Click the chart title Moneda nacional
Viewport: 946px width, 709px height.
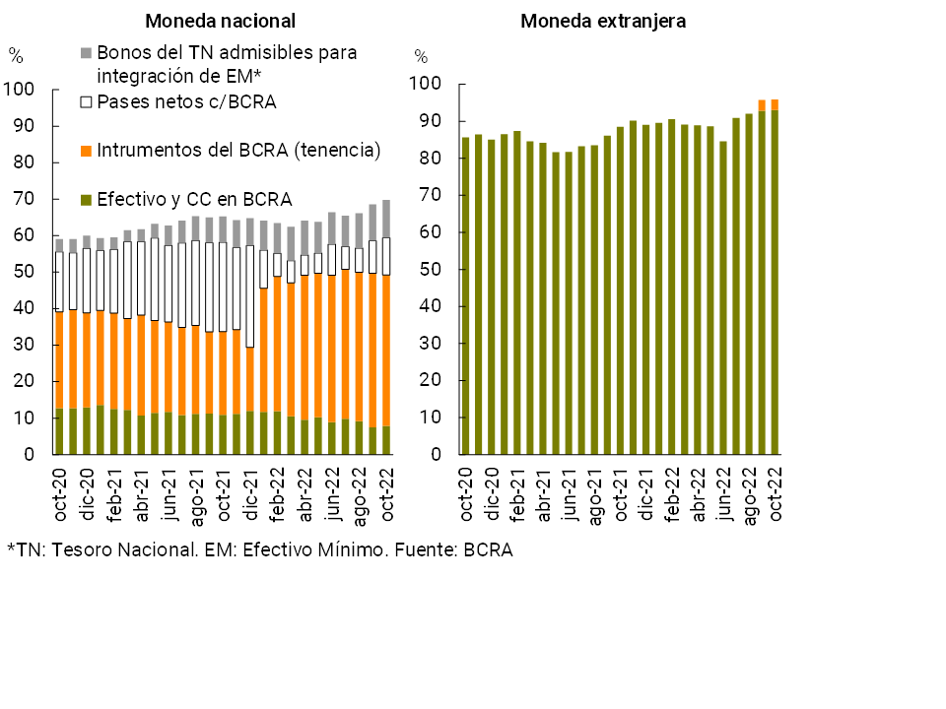tap(220, 21)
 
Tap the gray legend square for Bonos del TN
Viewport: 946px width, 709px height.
tap(86, 51)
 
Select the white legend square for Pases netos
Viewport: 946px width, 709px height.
tap(86, 101)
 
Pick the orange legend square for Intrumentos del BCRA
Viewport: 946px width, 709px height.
tap(86, 151)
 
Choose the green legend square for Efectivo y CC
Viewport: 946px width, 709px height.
tap(86, 200)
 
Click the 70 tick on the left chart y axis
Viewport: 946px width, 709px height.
tap(24, 200)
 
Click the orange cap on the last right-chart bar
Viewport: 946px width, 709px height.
tap(775, 104)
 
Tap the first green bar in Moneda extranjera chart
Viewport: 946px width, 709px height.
tap(466, 295)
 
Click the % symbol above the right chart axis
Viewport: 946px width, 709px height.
tap(421, 56)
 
